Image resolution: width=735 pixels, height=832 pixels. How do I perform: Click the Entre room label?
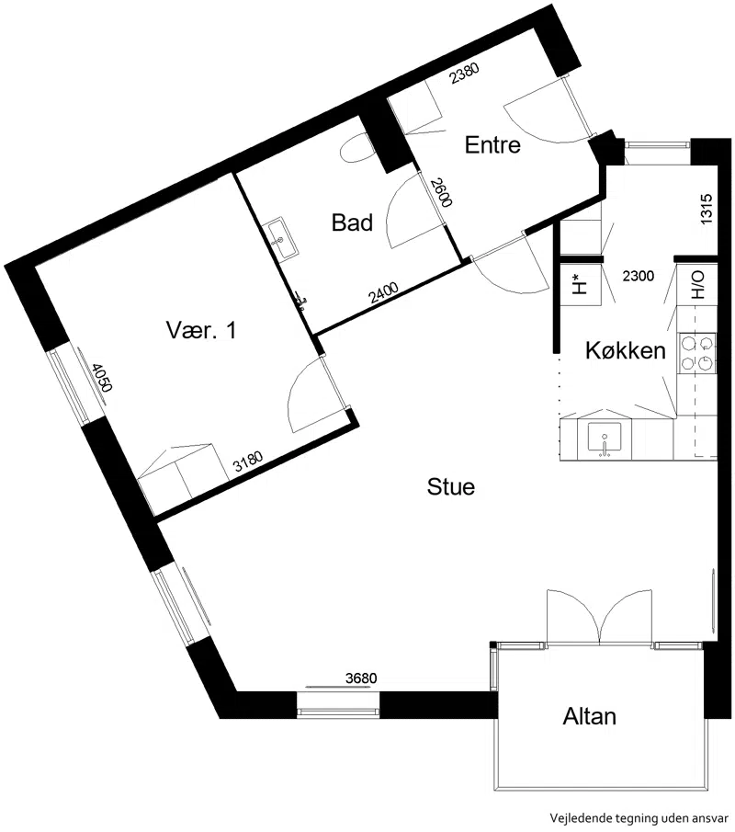click(492, 145)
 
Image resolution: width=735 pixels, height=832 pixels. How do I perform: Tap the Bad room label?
click(352, 222)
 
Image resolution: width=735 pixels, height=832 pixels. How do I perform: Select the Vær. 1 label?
click(201, 330)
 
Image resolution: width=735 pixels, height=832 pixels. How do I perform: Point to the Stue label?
click(451, 486)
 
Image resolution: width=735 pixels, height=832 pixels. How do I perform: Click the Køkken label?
click(626, 351)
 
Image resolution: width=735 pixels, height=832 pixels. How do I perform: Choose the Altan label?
click(589, 716)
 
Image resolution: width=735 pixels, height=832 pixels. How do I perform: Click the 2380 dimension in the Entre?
click(465, 74)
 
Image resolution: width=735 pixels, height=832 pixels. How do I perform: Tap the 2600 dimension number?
click(441, 193)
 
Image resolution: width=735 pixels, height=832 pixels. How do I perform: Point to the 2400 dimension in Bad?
click(384, 293)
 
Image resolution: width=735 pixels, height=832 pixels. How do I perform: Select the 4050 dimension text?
click(101, 377)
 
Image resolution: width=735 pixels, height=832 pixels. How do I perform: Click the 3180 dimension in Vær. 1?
click(248, 462)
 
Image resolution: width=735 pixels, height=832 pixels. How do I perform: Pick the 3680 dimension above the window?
click(361, 678)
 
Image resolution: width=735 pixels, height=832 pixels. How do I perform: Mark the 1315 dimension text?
click(706, 209)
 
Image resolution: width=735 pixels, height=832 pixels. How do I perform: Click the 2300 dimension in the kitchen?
click(638, 276)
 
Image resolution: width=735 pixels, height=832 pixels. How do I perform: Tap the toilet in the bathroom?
click(357, 148)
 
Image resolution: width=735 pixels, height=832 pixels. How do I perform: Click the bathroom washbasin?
click(280, 240)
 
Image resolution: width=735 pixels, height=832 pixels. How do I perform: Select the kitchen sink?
click(605, 439)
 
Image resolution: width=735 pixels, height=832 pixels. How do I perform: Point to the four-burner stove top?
click(696, 352)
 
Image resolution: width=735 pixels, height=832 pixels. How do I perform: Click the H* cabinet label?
click(581, 285)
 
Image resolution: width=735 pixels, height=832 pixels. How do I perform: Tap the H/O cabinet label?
click(697, 285)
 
